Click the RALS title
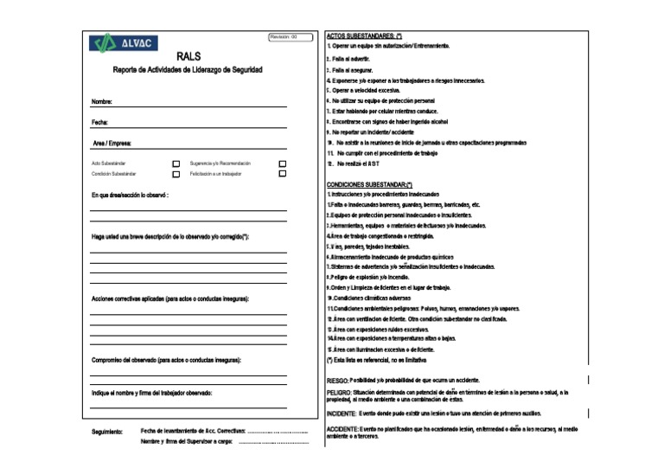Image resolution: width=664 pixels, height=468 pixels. tap(188, 57)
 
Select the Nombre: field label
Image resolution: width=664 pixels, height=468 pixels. tap(102, 102)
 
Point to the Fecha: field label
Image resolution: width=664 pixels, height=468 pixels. tap(100, 123)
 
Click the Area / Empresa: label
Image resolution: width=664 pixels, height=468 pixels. tap(112, 143)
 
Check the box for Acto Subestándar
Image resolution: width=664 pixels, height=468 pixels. tap(176, 163)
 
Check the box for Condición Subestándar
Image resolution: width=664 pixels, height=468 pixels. tap(176, 174)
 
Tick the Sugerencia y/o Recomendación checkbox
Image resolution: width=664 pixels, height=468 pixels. tap(282, 163)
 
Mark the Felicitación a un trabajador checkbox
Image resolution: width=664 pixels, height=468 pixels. tap(282, 174)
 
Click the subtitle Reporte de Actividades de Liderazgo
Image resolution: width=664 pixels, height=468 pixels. tap(188, 70)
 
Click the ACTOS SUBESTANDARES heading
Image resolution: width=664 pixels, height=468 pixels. tap(363, 35)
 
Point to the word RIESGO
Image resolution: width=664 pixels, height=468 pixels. tap(338, 380)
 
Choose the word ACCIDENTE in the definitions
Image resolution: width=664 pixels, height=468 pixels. tap(343, 429)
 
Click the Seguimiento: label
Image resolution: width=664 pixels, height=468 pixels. tap(108, 431)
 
